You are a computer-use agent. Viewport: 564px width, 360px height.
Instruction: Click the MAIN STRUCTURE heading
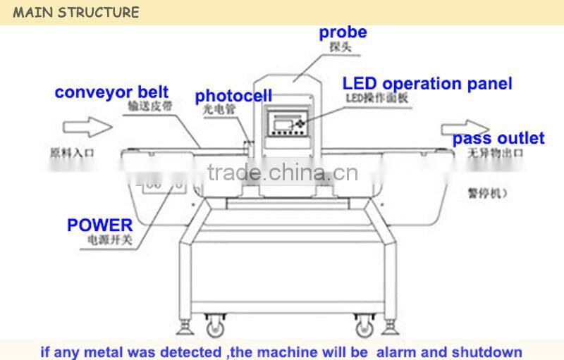click(x=77, y=12)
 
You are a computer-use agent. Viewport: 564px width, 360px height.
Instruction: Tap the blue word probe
click(x=343, y=32)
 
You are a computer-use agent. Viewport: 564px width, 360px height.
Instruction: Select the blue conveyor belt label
click(x=111, y=92)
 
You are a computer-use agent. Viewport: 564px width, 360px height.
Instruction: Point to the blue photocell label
click(x=233, y=96)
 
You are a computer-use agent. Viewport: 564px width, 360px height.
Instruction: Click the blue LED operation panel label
click(x=427, y=84)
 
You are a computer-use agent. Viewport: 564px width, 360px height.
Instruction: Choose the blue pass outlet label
click(x=498, y=138)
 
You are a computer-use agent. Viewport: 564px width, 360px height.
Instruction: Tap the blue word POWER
click(x=99, y=225)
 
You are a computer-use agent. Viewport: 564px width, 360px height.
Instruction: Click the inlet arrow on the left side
click(x=87, y=127)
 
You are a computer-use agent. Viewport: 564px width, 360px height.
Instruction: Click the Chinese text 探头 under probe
click(x=341, y=48)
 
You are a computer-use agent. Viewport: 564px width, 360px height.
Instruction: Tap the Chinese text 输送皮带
click(x=150, y=107)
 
